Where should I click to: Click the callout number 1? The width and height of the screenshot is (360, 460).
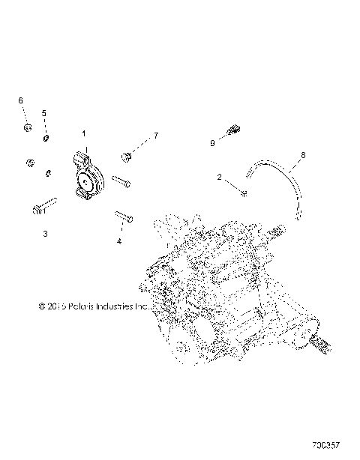(84, 132)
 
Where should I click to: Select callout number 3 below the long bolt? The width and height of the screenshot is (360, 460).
(45, 234)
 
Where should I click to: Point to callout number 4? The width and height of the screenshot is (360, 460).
(118, 241)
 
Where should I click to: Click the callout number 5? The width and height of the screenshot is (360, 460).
(43, 112)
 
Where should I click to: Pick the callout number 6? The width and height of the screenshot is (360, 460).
(20, 100)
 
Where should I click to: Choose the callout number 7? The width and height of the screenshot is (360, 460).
(156, 135)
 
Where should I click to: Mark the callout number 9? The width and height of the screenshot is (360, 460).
(212, 142)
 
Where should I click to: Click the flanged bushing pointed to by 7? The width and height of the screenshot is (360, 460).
(127, 157)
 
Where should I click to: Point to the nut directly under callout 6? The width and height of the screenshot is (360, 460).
(26, 129)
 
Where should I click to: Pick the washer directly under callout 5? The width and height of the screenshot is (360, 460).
(46, 137)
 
